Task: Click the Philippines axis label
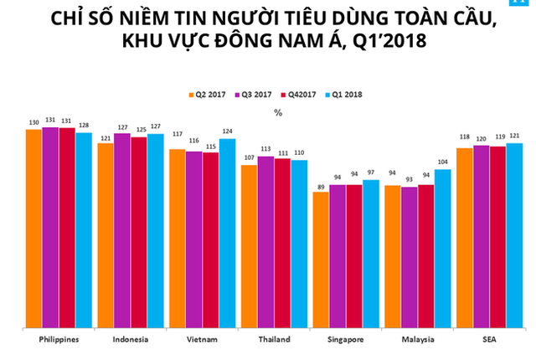pyautogui.click(x=59, y=339)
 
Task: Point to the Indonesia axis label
pyautogui.click(x=131, y=339)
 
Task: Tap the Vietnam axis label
pyautogui.click(x=203, y=339)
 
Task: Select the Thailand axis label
pyautogui.click(x=274, y=339)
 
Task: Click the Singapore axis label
pyautogui.click(x=346, y=339)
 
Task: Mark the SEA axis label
pyautogui.click(x=489, y=339)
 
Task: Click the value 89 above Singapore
pyautogui.click(x=321, y=186)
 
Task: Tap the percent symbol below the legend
pyautogui.click(x=277, y=110)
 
